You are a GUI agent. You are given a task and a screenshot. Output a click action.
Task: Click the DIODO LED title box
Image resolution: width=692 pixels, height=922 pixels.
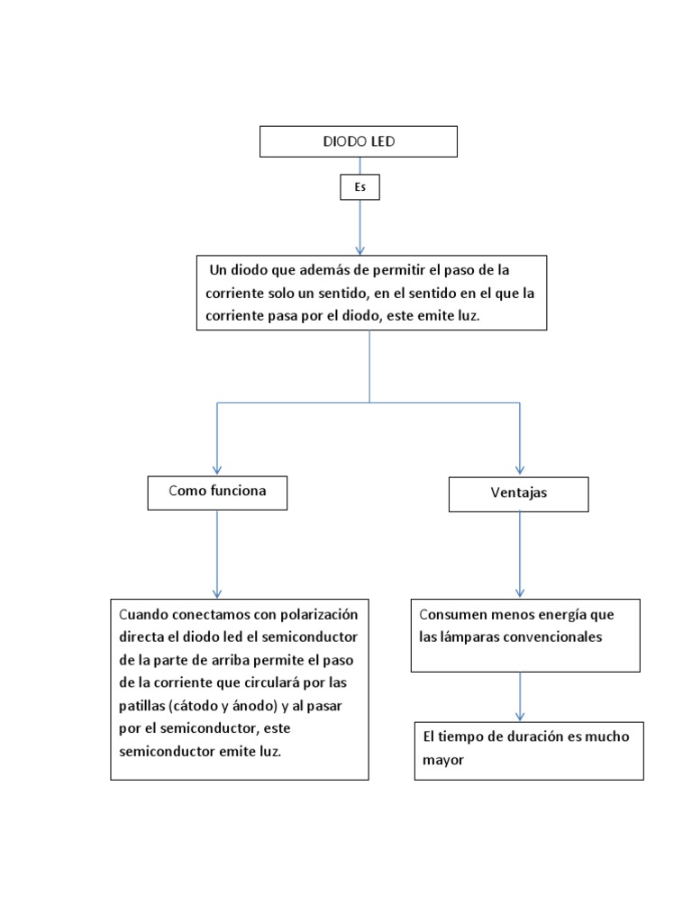[x=359, y=142]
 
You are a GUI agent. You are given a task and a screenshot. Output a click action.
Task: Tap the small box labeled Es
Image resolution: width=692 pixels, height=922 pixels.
[x=360, y=186]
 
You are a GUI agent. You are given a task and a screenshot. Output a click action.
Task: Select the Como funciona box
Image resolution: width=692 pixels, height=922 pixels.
[x=217, y=492]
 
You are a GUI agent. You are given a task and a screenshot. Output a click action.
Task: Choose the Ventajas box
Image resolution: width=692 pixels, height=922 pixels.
[x=519, y=494]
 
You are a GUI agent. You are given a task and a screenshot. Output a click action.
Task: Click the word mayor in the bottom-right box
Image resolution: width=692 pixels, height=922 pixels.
[x=442, y=760]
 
